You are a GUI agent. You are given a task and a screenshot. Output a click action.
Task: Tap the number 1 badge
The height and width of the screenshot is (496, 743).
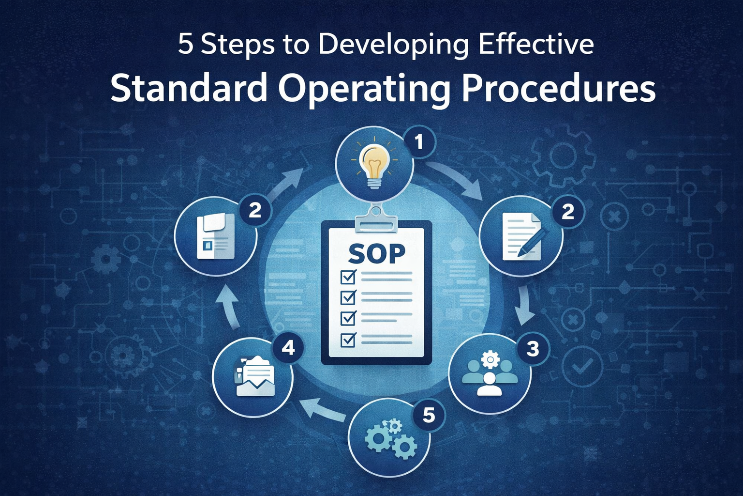(418, 142)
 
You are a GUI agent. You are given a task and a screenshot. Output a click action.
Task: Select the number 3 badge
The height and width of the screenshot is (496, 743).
(532, 349)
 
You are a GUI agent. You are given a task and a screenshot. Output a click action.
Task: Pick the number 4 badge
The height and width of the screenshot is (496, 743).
(288, 347)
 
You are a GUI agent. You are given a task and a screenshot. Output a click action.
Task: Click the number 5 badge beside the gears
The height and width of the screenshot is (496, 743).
(429, 415)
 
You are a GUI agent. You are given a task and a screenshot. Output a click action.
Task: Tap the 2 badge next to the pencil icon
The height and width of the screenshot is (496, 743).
(567, 211)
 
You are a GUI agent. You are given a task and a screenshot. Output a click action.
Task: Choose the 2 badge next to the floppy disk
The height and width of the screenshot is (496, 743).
(254, 210)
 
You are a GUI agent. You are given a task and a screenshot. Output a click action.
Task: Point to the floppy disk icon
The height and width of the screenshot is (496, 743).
(216, 236)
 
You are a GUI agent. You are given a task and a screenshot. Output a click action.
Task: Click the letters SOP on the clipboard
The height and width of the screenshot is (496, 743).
(376, 253)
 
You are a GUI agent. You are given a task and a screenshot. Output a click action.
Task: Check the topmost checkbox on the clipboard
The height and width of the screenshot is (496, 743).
(348, 277)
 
